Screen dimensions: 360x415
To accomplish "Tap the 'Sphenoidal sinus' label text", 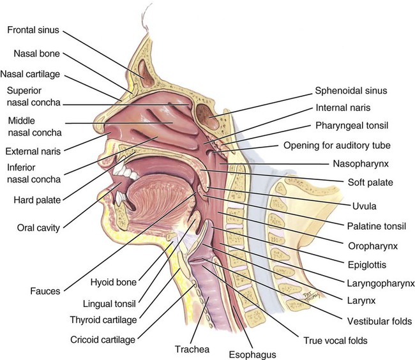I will pyautogui.click(x=352, y=90).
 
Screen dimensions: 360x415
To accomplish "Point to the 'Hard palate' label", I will pyautogui.click(x=38, y=200).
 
